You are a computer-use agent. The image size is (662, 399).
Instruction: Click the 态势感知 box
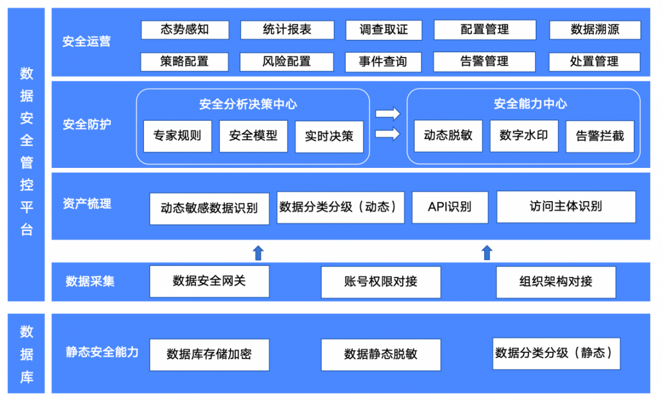tap(185, 30)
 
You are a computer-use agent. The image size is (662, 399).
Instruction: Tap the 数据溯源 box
tap(595, 30)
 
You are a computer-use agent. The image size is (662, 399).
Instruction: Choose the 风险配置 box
tap(286, 62)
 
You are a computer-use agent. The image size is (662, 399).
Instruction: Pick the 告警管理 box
tap(484, 62)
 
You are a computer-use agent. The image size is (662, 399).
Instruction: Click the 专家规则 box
tap(177, 136)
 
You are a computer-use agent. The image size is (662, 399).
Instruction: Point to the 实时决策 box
tap(329, 136)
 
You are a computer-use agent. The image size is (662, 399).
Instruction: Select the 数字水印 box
tap(523, 135)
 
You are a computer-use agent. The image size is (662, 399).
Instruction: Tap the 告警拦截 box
tap(599, 136)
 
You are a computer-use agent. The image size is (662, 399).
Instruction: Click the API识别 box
tap(450, 207)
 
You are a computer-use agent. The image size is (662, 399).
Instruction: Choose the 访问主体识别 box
tap(566, 207)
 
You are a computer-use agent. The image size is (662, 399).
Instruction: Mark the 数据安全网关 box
tap(209, 281)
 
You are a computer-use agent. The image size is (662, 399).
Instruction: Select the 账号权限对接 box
tap(381, 282)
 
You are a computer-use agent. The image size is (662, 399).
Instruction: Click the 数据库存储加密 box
tap(209, 354)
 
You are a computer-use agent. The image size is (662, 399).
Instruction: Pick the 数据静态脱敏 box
tap(381, 354)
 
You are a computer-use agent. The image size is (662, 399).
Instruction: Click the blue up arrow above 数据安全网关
tap(258, 252)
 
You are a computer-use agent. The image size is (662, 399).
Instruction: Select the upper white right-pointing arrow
tap(387, 114)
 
